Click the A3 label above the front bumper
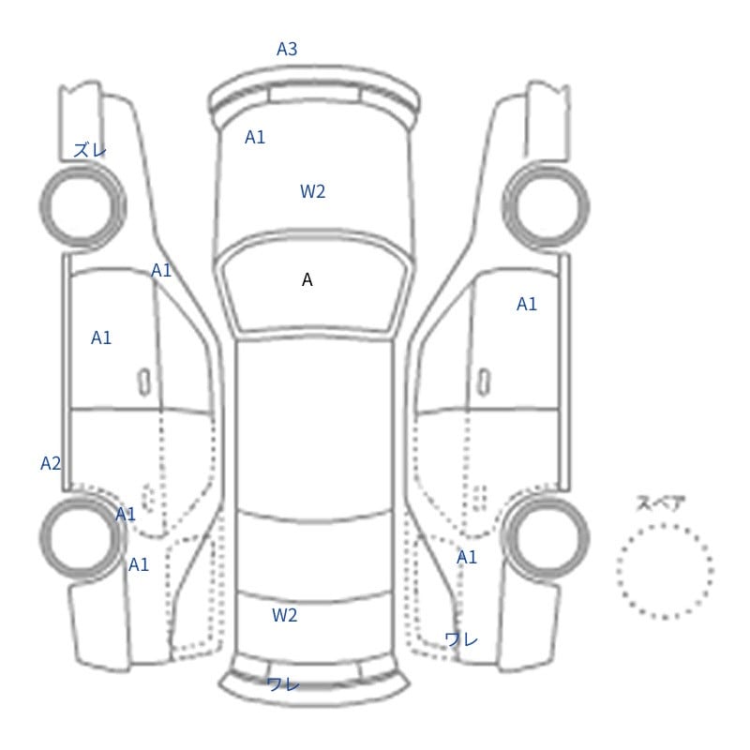click(287, 49)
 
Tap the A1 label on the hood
click(255, 137)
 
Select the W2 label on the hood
click(313, 191)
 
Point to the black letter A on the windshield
click(307, 279)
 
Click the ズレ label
click(90, 150)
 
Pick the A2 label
click(51, 463)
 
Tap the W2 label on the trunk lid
click(285, 615)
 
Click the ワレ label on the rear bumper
click(283, 684)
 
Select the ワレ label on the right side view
click(461, 639)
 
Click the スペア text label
click(654, 503)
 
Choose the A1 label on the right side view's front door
click(527, 304)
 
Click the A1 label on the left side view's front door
click(101, 337)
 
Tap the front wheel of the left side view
click(82, 206)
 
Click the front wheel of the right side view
click(546, 206)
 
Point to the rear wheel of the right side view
click(546, 536)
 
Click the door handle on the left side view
click(144, 382)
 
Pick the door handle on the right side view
click(484, 382)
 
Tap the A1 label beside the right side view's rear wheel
click(467, 557)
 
